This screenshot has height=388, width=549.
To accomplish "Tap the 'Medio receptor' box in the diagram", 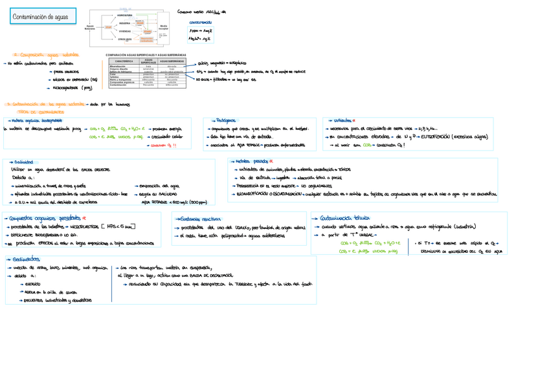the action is click(x=164, y=27).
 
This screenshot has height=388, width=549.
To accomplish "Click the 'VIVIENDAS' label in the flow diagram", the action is click(x=126, y=30).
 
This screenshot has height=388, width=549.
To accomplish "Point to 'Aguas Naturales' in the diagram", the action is click(x=89, y=27).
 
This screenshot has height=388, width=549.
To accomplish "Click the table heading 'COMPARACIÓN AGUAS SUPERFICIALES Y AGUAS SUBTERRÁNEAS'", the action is click(x=146, y=56).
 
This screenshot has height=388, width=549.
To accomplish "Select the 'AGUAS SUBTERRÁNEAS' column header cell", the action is click(x=172, y=62).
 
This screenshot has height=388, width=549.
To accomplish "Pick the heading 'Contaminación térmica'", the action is click(x=346, y=219).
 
